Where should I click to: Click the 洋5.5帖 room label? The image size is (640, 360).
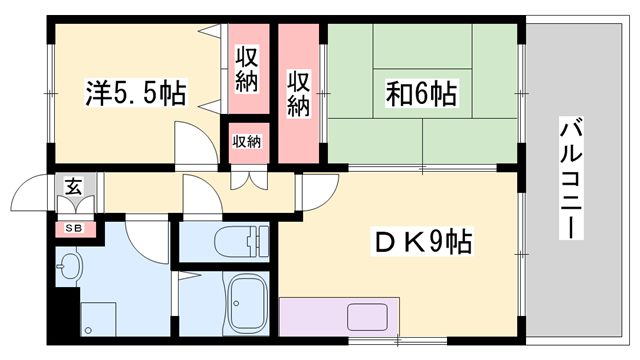point(134,95)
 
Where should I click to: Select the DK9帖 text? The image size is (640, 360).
point(423,241)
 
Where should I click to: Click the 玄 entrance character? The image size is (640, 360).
point(74,186)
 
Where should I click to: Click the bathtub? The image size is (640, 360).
point(244,299)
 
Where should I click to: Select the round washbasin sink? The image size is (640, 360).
point(69,268)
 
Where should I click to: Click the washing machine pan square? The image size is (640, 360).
point(100,319)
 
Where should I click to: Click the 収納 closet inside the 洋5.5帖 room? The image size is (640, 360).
point(247,68)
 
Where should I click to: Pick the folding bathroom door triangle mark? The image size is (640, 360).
point(189,271)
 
